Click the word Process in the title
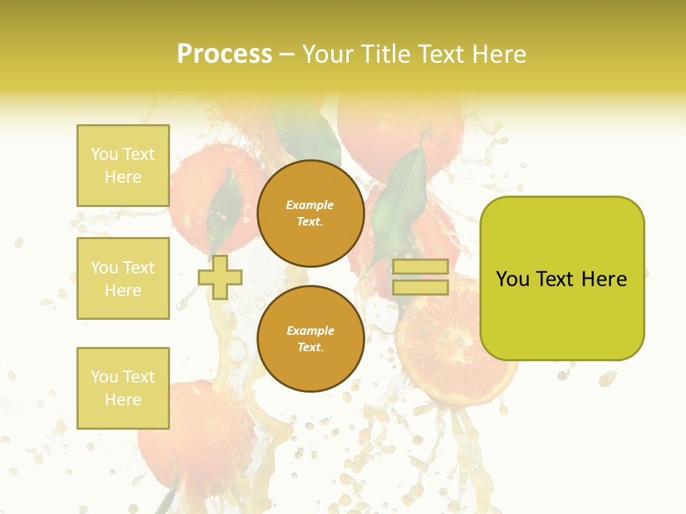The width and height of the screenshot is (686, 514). pyautogui.click(x=224, y=54)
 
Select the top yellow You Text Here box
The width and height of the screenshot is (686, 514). pyautogui.click(x=123, y=166)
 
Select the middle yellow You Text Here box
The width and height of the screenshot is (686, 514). pyautogui.click(x=123, y=278)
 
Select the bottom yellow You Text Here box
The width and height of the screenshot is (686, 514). pyautogui.click(x=123, y=388)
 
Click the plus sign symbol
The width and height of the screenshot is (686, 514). pyautogui.click(x=220, y=277)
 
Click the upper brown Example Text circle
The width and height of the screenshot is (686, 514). pyautogui.click(x=311, y=213)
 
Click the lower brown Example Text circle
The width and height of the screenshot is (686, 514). pyautogui.click(x=311, y=338)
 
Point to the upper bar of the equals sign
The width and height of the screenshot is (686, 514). pyautogui.click(x=420, y=266)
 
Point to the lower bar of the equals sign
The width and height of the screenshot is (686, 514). pyautogui.click(x=420, y=288)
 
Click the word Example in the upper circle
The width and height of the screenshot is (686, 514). pyautogui.click(x=310, y=205)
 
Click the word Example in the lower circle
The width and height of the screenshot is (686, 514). pyautogui.click(x=310, y=331)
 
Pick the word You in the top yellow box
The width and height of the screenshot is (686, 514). pyautogui.click(x=104, y=154)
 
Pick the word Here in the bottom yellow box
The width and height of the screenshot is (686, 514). pyautogui.click(x=123, y=400)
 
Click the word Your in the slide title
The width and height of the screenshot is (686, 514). pyautogui.click(x=327, y=54)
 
